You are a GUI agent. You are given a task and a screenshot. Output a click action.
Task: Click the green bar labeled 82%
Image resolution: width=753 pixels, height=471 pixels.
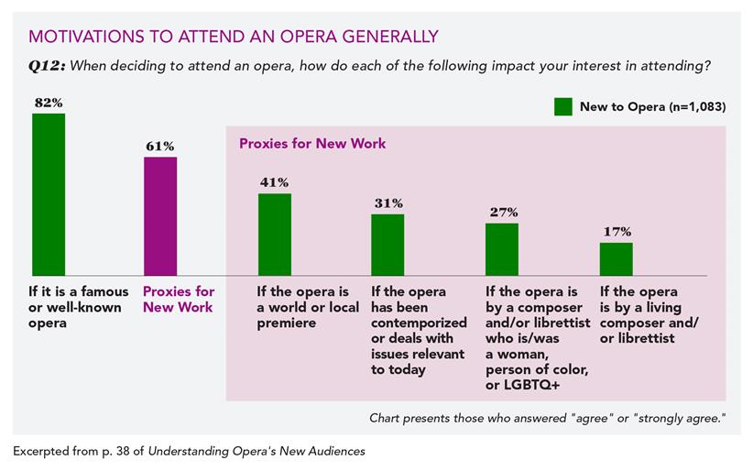click(x=49, y=194)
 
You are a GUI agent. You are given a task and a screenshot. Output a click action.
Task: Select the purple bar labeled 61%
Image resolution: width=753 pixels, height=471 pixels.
click(x=160, y=216)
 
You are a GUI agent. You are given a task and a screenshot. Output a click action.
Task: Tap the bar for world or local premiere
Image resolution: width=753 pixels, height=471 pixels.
click(x=274, y=234)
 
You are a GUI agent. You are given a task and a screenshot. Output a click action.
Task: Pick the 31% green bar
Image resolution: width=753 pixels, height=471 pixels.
click(x=387, y=245)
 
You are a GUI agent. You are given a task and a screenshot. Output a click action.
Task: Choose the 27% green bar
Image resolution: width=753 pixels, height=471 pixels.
click(x=501, y=249)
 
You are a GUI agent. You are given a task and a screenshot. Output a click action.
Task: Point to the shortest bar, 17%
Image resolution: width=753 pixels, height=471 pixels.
click(x=616, y=258)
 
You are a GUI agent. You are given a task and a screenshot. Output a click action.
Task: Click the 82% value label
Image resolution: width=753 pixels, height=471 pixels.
click(x=48, y=103)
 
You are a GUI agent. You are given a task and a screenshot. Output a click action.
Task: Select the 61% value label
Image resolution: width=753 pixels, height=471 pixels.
click(x=160, y=146)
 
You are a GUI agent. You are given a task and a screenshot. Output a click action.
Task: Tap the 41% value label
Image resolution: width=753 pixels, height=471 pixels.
click(x=274, y=182)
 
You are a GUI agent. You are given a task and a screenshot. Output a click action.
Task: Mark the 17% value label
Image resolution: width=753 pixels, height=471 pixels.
click(x=617, y=232)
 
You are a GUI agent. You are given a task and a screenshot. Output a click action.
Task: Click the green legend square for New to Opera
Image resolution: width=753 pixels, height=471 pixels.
click(x=563, y=106)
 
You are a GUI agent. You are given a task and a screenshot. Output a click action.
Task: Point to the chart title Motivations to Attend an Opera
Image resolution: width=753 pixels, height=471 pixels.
click(x=234, y=37)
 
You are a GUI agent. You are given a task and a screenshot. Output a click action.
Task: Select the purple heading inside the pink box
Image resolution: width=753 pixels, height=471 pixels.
click(x=312, y=144)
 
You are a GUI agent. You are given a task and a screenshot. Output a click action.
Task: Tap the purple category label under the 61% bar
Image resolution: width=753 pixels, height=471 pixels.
click(x=178, y=300)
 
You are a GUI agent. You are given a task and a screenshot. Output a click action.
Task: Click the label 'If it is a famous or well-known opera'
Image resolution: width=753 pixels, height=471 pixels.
click(x=76, y=307)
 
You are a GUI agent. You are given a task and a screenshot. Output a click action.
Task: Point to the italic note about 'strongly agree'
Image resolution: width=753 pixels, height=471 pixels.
click(x=547, y=418)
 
